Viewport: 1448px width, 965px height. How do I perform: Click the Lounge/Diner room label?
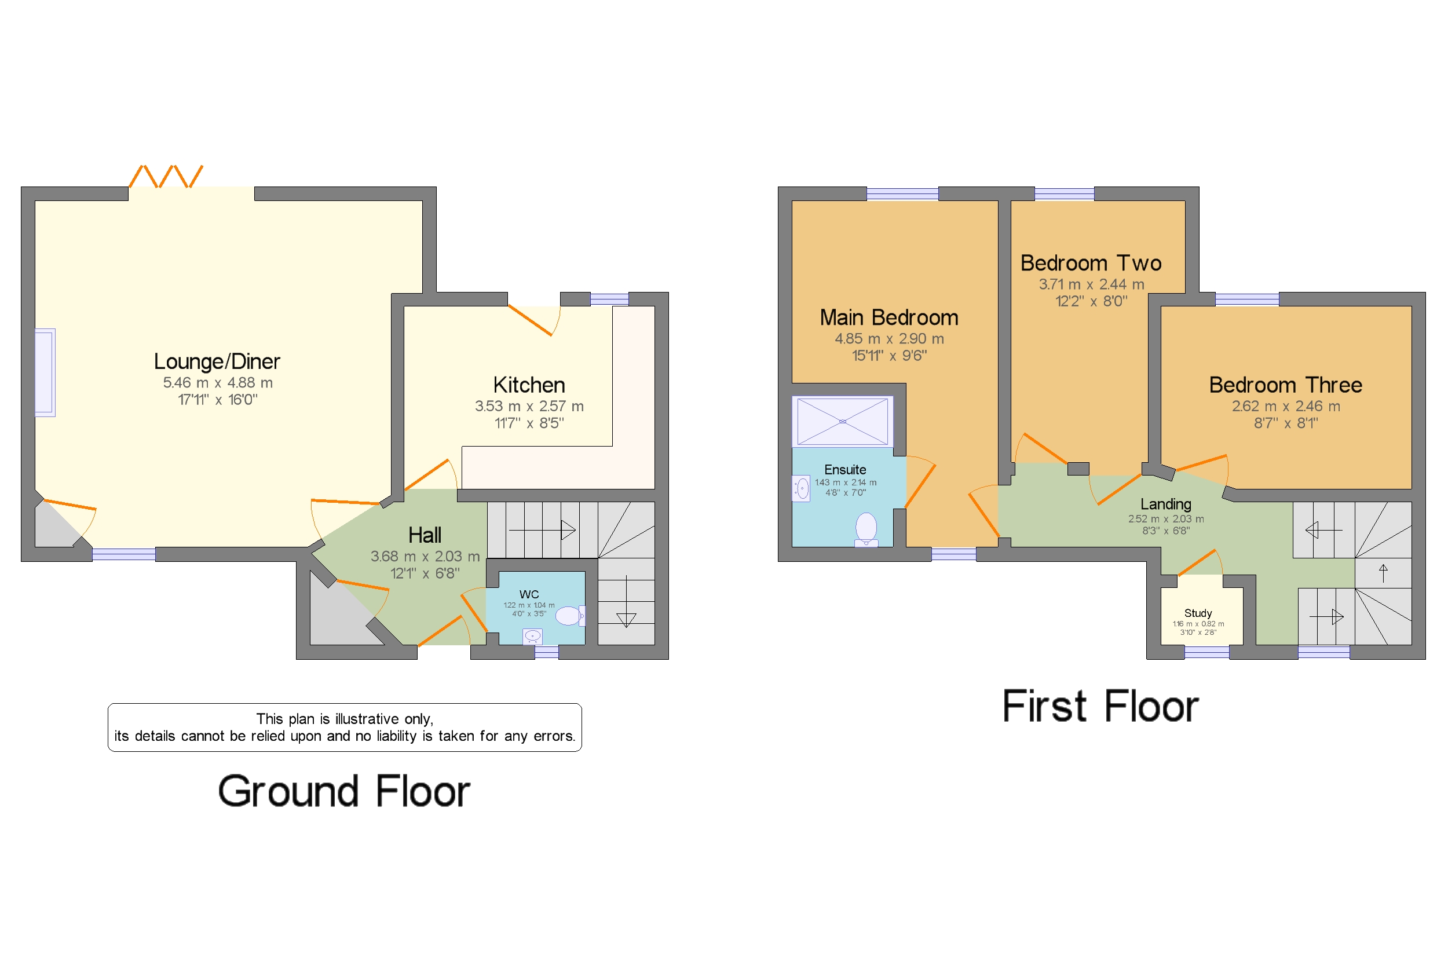click(217, 361)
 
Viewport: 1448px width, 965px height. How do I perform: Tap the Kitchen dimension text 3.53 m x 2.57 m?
click(529, 406)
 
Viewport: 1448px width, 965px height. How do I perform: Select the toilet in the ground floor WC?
click(569, 615)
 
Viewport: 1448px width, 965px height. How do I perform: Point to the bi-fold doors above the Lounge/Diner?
click(166, 177)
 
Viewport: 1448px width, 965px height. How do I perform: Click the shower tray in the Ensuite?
click(842, 422)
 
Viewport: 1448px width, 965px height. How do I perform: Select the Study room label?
click(1198, 613)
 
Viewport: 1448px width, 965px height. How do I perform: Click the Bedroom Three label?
click(1285, 385)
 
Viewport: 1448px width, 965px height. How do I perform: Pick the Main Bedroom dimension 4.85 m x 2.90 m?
click(888, 338)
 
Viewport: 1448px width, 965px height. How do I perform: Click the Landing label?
click(1165, 504)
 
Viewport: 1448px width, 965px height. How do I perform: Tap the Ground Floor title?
click(344, 791)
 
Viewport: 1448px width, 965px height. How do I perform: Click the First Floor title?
click(1100, 706)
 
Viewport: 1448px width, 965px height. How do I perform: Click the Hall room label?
click(425, 535)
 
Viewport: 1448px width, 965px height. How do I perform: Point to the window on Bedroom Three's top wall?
click(1247, 299)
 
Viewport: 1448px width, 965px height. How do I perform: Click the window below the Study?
click(1206, 652)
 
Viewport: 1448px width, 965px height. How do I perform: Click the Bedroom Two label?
click(1091, 264)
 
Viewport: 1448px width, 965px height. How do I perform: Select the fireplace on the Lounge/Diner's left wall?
click(45, 372)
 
